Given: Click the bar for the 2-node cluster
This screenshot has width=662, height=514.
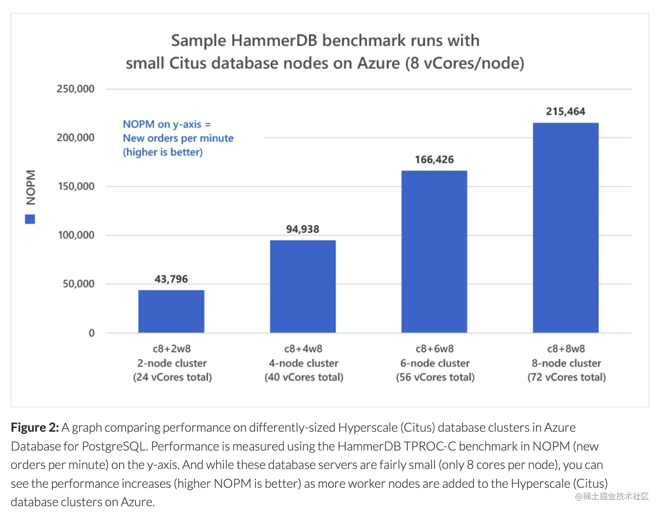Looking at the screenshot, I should click(171, 311).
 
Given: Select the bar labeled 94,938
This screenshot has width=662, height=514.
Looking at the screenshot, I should click(302, 286).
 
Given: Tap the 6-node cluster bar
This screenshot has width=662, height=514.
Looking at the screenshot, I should click(434, 251).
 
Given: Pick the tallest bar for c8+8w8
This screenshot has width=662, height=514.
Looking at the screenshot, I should click(565, 228).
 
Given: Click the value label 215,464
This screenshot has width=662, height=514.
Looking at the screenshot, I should click(565, 112).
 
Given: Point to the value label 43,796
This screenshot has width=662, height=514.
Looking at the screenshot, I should click(171, 279).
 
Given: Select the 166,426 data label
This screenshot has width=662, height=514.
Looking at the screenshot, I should click(434, 160).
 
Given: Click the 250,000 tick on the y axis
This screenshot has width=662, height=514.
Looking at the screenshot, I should click(75, 89).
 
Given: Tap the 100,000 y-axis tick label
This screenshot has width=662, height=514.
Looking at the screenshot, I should click(76, 235).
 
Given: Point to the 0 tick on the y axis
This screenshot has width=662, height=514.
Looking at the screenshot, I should click(91, 333).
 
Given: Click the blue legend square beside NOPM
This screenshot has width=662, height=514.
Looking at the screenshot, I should click(30, 219).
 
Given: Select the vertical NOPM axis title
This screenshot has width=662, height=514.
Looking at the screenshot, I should click(30, 187).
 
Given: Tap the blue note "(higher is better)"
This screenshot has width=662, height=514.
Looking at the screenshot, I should click(163, 152).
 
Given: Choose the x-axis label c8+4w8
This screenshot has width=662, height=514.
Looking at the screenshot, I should click(303, 349).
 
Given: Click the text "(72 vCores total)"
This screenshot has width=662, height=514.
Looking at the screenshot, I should click(566, 377).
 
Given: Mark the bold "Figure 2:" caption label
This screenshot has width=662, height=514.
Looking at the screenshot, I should click(35, 428).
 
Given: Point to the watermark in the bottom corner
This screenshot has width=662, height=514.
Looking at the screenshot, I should click(611, 497).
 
